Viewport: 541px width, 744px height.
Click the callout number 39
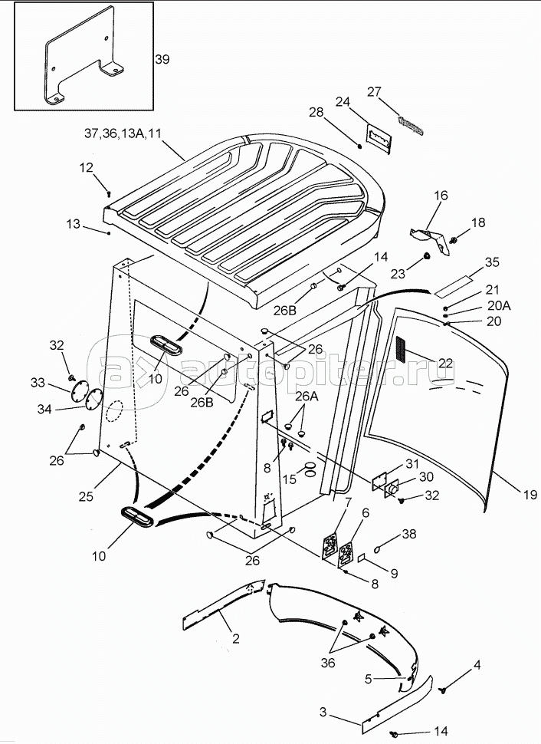pyautogui.click(x=162, y=59)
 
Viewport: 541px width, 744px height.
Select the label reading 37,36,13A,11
pyautogui.click(x=123, y=133)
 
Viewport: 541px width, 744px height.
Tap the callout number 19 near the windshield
pyautogui.click(x=530, y=495)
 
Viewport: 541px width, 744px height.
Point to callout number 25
pyautogui.click(x=87, y=496)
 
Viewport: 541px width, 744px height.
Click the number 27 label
pyautogui.click(x=374, y=91)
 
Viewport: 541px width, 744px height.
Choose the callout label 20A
pyautogui.click(x=499, y=306)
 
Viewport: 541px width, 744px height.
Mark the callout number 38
pyautogui.click(x=409, y=534)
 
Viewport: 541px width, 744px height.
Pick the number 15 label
pyautogui.click(x=289, y=479)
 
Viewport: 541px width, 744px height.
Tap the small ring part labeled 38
pyautogui.click(x=378, y=549)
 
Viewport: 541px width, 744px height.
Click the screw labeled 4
pyautogui.click(x=444, y=689)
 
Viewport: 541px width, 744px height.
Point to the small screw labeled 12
pyautogui.click(x=109, y=193)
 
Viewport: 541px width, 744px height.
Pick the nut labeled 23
pyautogui.click(x=426, y=256)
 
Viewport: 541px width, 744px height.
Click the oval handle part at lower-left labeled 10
pyautogui.click(x=137, y=515)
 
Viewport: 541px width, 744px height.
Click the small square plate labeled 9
pyautogui.click(x=361, y=558)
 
